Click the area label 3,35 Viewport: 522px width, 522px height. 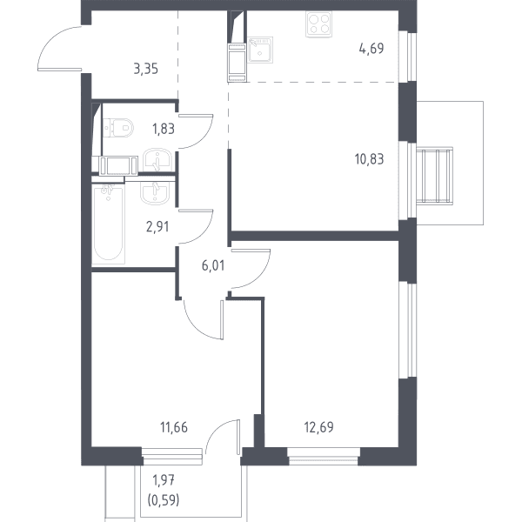click(146, 70)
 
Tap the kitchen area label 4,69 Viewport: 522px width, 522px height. click(371, 49)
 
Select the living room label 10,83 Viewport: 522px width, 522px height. click(369, 159)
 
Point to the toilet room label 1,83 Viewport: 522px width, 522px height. click(164, 129)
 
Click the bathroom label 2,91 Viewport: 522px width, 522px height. click(157, 227)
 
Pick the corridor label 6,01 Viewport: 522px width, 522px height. click(213, 265)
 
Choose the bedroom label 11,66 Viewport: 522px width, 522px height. click(174, 427)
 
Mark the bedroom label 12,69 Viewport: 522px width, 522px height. click(319, 427)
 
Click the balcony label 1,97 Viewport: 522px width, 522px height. click(164, 480)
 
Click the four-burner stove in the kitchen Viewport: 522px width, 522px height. click(318, 24)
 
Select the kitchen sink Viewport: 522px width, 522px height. click(260, 50)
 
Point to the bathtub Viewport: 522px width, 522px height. click(109, 224)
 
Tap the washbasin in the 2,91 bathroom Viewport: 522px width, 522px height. click(154, 192)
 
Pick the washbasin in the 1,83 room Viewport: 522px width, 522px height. click(157, 160)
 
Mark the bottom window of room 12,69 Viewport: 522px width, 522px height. click(324, 456)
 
